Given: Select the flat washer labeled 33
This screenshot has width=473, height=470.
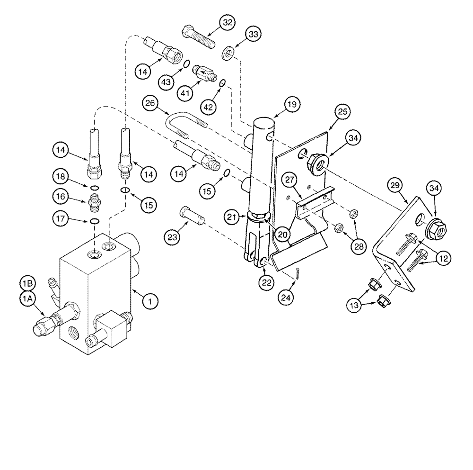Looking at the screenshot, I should (228, 53).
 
